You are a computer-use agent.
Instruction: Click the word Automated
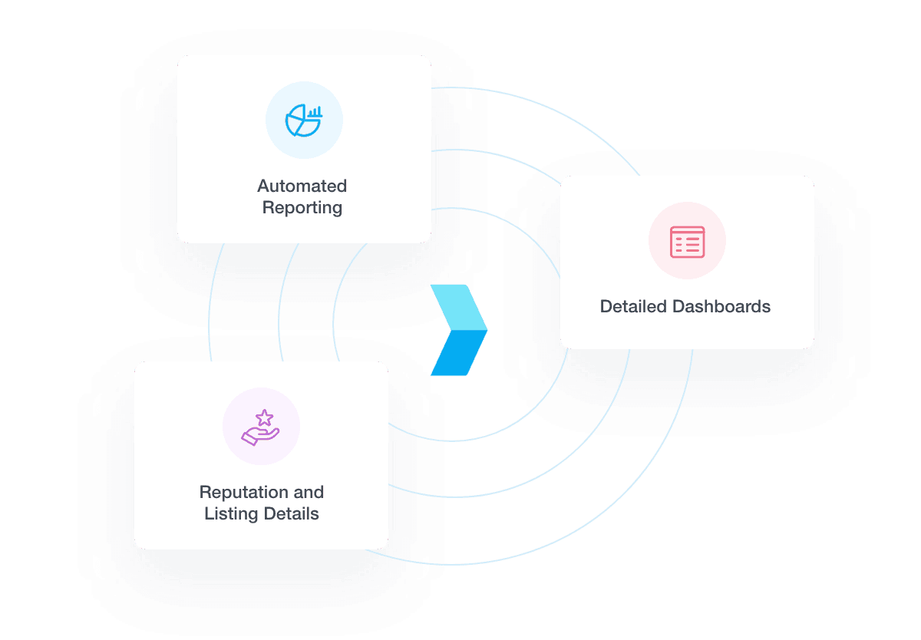302,186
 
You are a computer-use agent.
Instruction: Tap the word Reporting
302,208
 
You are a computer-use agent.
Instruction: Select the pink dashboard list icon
687,242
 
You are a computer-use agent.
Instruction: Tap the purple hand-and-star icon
261,427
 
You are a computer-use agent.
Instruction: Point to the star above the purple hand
264,417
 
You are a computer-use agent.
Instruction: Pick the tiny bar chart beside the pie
315,112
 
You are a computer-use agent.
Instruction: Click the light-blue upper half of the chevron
459,307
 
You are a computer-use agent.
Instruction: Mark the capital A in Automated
263,186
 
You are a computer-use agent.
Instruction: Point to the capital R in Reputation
205,492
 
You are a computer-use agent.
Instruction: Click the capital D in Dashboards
678,307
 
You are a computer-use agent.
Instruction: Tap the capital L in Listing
208,514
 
